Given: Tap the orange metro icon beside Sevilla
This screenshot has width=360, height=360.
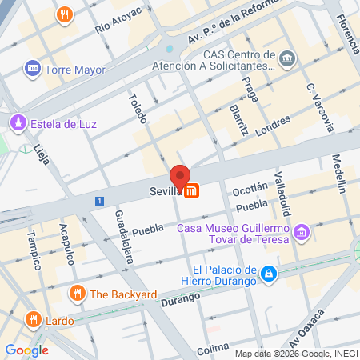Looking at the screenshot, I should [x=192, y=191].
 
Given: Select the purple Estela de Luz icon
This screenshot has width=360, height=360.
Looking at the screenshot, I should [x=17, y=122].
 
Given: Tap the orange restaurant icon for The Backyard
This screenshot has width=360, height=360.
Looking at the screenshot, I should [x=77, y=294].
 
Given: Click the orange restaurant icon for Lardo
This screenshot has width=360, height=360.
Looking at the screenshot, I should [x=34, y=319].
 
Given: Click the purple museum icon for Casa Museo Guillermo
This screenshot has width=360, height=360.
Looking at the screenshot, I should [x=302, y=233].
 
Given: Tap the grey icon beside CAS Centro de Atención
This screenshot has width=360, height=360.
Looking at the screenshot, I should [x=289, y=58].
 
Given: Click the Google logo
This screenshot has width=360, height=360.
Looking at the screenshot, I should [x=26, y=350].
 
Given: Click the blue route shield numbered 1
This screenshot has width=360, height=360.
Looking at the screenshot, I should [x=98, y=201].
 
